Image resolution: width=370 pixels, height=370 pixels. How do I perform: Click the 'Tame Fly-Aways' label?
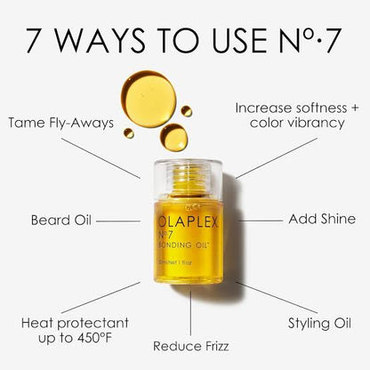[x=60, y=123]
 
